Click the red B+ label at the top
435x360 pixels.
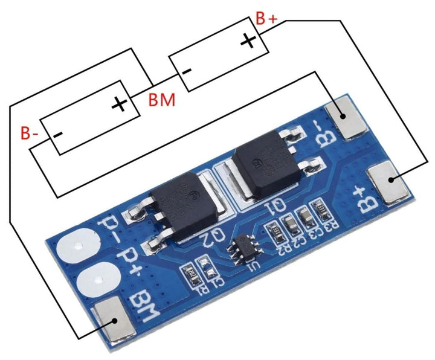tap(266, 18)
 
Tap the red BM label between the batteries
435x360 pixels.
tap(162, 99)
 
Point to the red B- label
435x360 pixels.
tap(30, 132)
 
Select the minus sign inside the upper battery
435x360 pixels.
tap(187, 72)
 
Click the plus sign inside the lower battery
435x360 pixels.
tap(119, 104)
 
